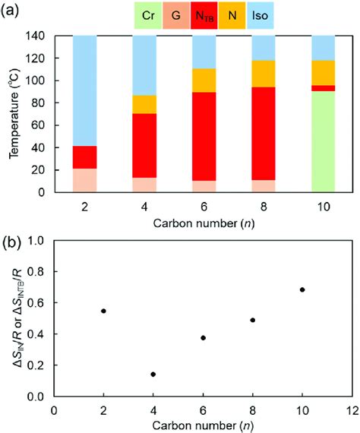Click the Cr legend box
click(149, 14)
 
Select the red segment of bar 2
click(84, 156)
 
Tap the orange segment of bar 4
click(144, 104)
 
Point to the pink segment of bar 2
click(84, 180)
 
